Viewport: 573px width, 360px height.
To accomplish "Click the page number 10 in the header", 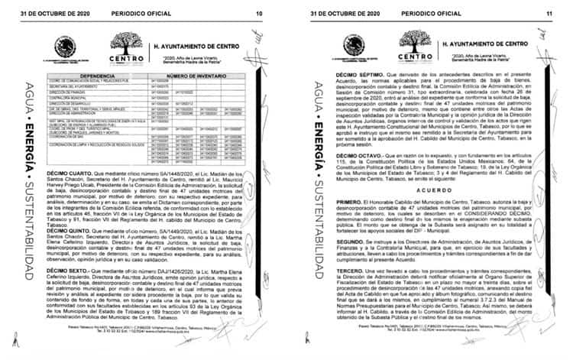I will click(x=258, y=14).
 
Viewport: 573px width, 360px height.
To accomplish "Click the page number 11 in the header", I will click(x=549, y=14).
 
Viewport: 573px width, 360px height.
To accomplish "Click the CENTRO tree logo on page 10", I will click(x=127, y=49).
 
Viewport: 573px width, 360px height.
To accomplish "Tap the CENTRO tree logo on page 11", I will click(x=416, y=49).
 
